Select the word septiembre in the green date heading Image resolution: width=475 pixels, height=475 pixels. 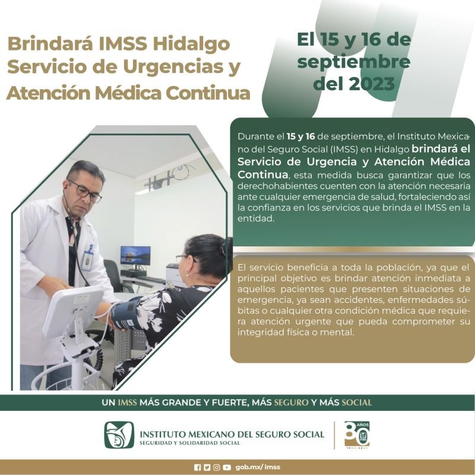[x=354, y=62]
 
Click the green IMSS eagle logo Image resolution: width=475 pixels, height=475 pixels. [x=119, y=435]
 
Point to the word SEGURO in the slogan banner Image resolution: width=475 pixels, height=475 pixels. [x=291, y=403]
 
